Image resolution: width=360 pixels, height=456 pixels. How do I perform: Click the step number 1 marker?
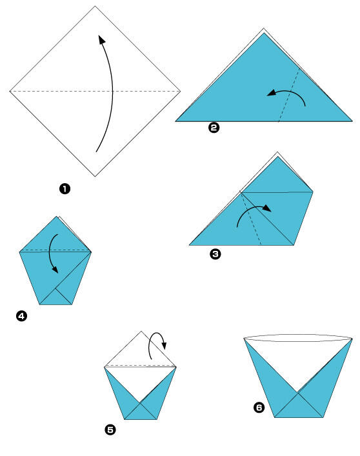[65, 189]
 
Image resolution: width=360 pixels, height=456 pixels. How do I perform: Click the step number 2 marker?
[214, 128]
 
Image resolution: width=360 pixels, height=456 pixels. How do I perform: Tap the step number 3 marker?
[215, 254]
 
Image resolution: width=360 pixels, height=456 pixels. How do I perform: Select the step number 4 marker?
[21, 316]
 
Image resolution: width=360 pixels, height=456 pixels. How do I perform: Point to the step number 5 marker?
[110, 430]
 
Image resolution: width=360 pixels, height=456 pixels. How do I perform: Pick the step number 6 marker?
[259, 408]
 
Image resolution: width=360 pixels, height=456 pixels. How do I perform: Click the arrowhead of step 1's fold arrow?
[101, 39]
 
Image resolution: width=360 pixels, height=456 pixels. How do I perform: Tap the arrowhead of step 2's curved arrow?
[272, 93]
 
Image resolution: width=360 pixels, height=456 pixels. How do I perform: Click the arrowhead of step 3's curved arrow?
[267, 208]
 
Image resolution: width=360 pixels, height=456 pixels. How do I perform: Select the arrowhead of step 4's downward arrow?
[55, 270]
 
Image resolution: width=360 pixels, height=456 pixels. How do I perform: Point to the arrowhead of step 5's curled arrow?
[165, 346]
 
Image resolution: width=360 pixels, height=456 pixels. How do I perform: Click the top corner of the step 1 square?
[95, 6]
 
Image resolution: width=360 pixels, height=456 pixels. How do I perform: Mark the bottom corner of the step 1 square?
[95, 176]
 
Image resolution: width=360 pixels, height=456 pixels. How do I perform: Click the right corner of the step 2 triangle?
[352, 121]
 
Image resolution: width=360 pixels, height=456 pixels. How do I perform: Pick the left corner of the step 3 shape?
[190, 245]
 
